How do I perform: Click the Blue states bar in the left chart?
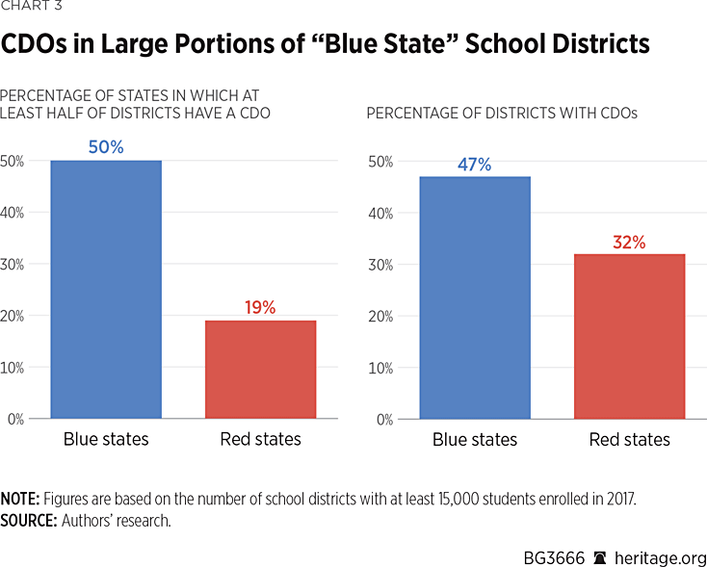106,289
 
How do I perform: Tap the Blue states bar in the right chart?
474,297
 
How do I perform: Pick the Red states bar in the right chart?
629,336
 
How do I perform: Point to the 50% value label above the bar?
106,147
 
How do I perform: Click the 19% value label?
260,307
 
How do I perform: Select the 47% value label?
474,165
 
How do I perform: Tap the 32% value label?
629,242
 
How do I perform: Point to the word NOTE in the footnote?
18,499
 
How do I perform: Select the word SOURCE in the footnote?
27,521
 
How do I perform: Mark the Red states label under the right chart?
629,440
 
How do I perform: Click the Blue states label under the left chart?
106,440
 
